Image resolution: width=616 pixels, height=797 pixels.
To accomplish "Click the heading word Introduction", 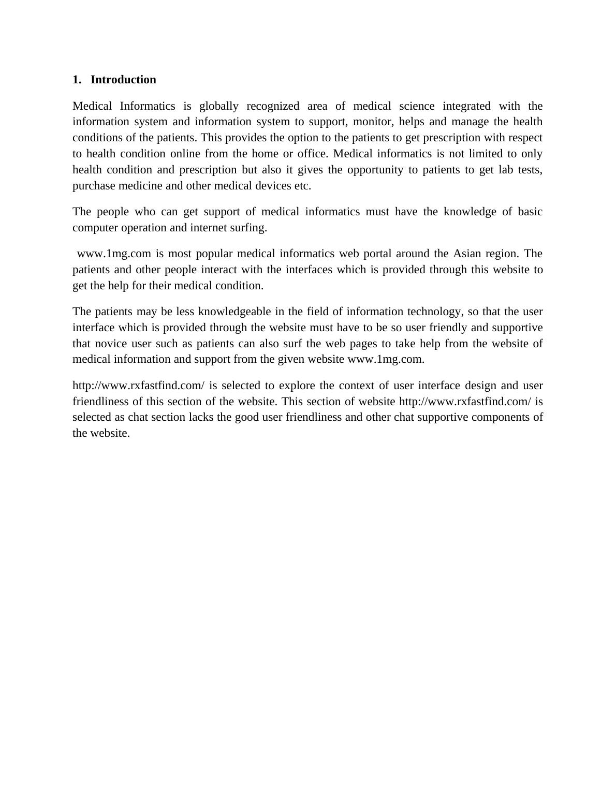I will pos(123,80).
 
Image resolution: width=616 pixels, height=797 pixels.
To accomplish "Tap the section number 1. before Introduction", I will pos(77,80).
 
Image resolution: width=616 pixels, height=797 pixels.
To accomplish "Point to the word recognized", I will pos(273,106).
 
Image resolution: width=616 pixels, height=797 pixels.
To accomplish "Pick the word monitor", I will pos(367,122).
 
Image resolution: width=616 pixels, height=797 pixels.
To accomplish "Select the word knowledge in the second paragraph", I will pos(470,212).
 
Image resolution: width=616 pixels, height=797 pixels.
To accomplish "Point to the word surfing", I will pos(250,228).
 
